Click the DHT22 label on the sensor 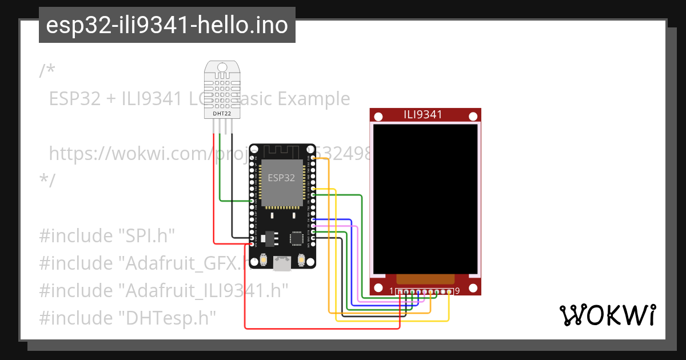click(x=222, y=113)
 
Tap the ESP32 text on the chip click(x=281, y=178)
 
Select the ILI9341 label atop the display click(x=423, y=114)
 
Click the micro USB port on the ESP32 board click(x=282, y=263)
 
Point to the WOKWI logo click(x=607, y=315)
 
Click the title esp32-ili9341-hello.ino click(x=167, y=25)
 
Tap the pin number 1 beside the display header click(x=392, y=291)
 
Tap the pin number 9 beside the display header click(x=457, y=291)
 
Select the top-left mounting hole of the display click(x=378, y=117)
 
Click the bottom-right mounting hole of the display click(x=473, y=287)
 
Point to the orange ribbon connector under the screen click(x=425, y=279)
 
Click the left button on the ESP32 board click(x=263, y=260)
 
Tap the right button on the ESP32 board click(x=301, y=260)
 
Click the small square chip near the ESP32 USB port click(x=297, y=238)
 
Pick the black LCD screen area click(x=425, y=197)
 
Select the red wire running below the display click(x=320, y=329)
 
